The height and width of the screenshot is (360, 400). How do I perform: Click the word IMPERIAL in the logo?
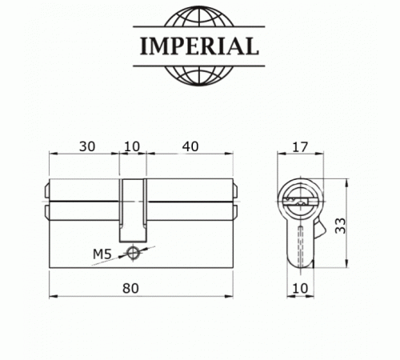pos(200,46)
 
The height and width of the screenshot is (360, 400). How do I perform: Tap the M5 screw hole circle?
pos(133,254)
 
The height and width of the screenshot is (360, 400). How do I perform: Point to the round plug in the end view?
pos(298,195)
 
